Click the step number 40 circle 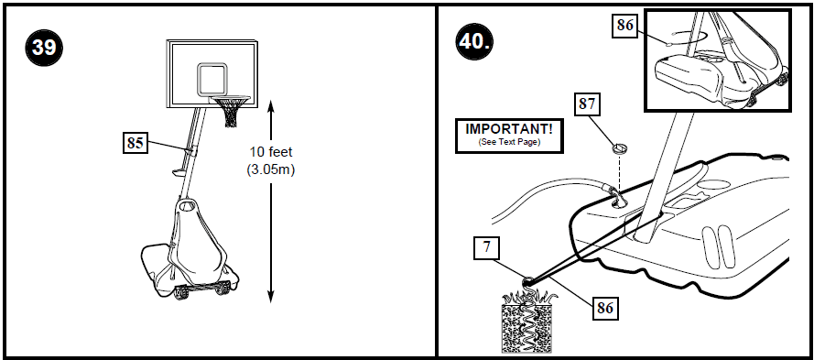(476, 41)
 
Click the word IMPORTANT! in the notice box (509, 130)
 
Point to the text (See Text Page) (509, 143)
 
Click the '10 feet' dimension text (272, 151)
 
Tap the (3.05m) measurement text (272, 169)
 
